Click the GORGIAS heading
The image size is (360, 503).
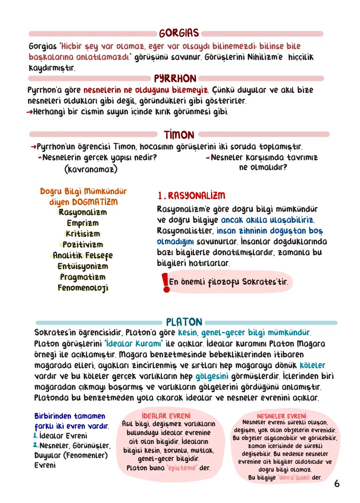(179, 33)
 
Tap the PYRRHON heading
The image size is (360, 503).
(175, 79)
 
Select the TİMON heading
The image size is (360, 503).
(179, 135)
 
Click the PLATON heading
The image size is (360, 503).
(184, 322)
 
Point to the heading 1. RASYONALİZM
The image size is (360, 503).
(191, 196)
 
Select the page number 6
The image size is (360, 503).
(337, 483)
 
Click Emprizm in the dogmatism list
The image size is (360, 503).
(83, 223)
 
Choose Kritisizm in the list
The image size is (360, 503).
(83, 234)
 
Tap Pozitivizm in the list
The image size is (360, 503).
(83, 244)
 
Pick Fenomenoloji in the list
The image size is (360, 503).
(83, 288)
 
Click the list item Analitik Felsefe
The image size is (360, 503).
(83, 255)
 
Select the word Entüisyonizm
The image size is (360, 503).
(83, 266)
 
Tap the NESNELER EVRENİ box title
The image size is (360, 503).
(281, 416)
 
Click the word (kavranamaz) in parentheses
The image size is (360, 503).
(91, 169)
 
